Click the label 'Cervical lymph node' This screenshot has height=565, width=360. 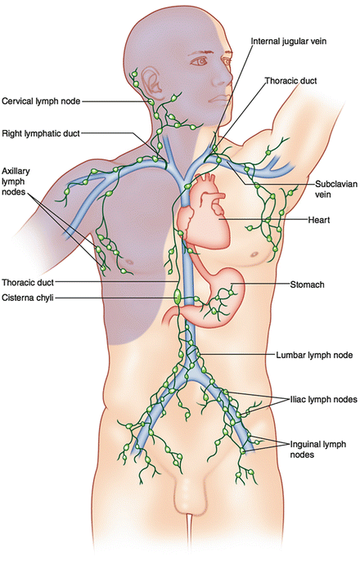coord(41,101)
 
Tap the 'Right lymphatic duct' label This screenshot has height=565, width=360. coord(40,133)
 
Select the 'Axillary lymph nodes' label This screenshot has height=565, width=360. coord(16,182)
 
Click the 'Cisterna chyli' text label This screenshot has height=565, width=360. coord(28,298)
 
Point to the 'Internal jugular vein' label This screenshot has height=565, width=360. coord(289,41)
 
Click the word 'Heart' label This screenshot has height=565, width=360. coord(319,220)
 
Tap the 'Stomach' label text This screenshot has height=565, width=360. coord(308,285)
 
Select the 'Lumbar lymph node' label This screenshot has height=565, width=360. coord(314,356)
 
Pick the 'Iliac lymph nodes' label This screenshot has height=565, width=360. coord(323,400)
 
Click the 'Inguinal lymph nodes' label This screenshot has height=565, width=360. coord(318,450)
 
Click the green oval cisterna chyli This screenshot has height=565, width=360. coord(177,297)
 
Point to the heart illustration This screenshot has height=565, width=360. coord(204,212)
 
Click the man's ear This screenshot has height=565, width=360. coord(151,81)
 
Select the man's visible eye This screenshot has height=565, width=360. coord(199,61)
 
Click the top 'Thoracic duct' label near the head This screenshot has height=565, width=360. coord(291,81)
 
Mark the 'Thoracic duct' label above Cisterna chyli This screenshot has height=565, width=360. coord(28,282)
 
